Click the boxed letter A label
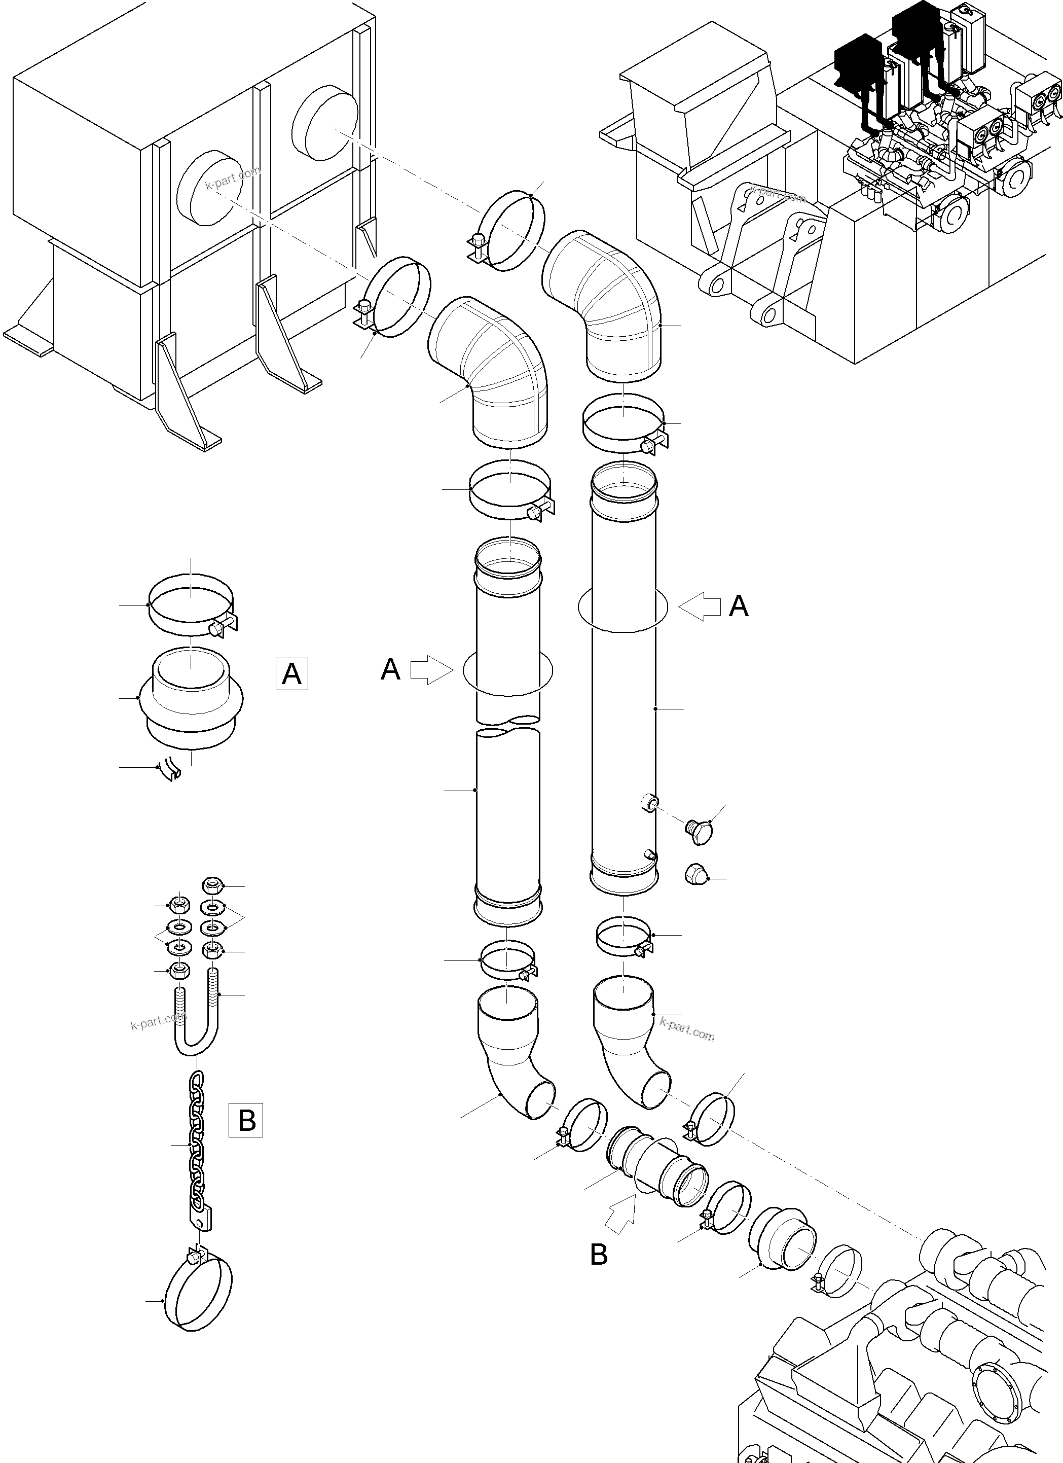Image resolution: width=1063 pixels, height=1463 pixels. pos(291,673)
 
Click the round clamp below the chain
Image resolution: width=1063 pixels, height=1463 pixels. pos(199,1293)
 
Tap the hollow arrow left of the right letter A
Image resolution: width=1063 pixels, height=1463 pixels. pos(700,606)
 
